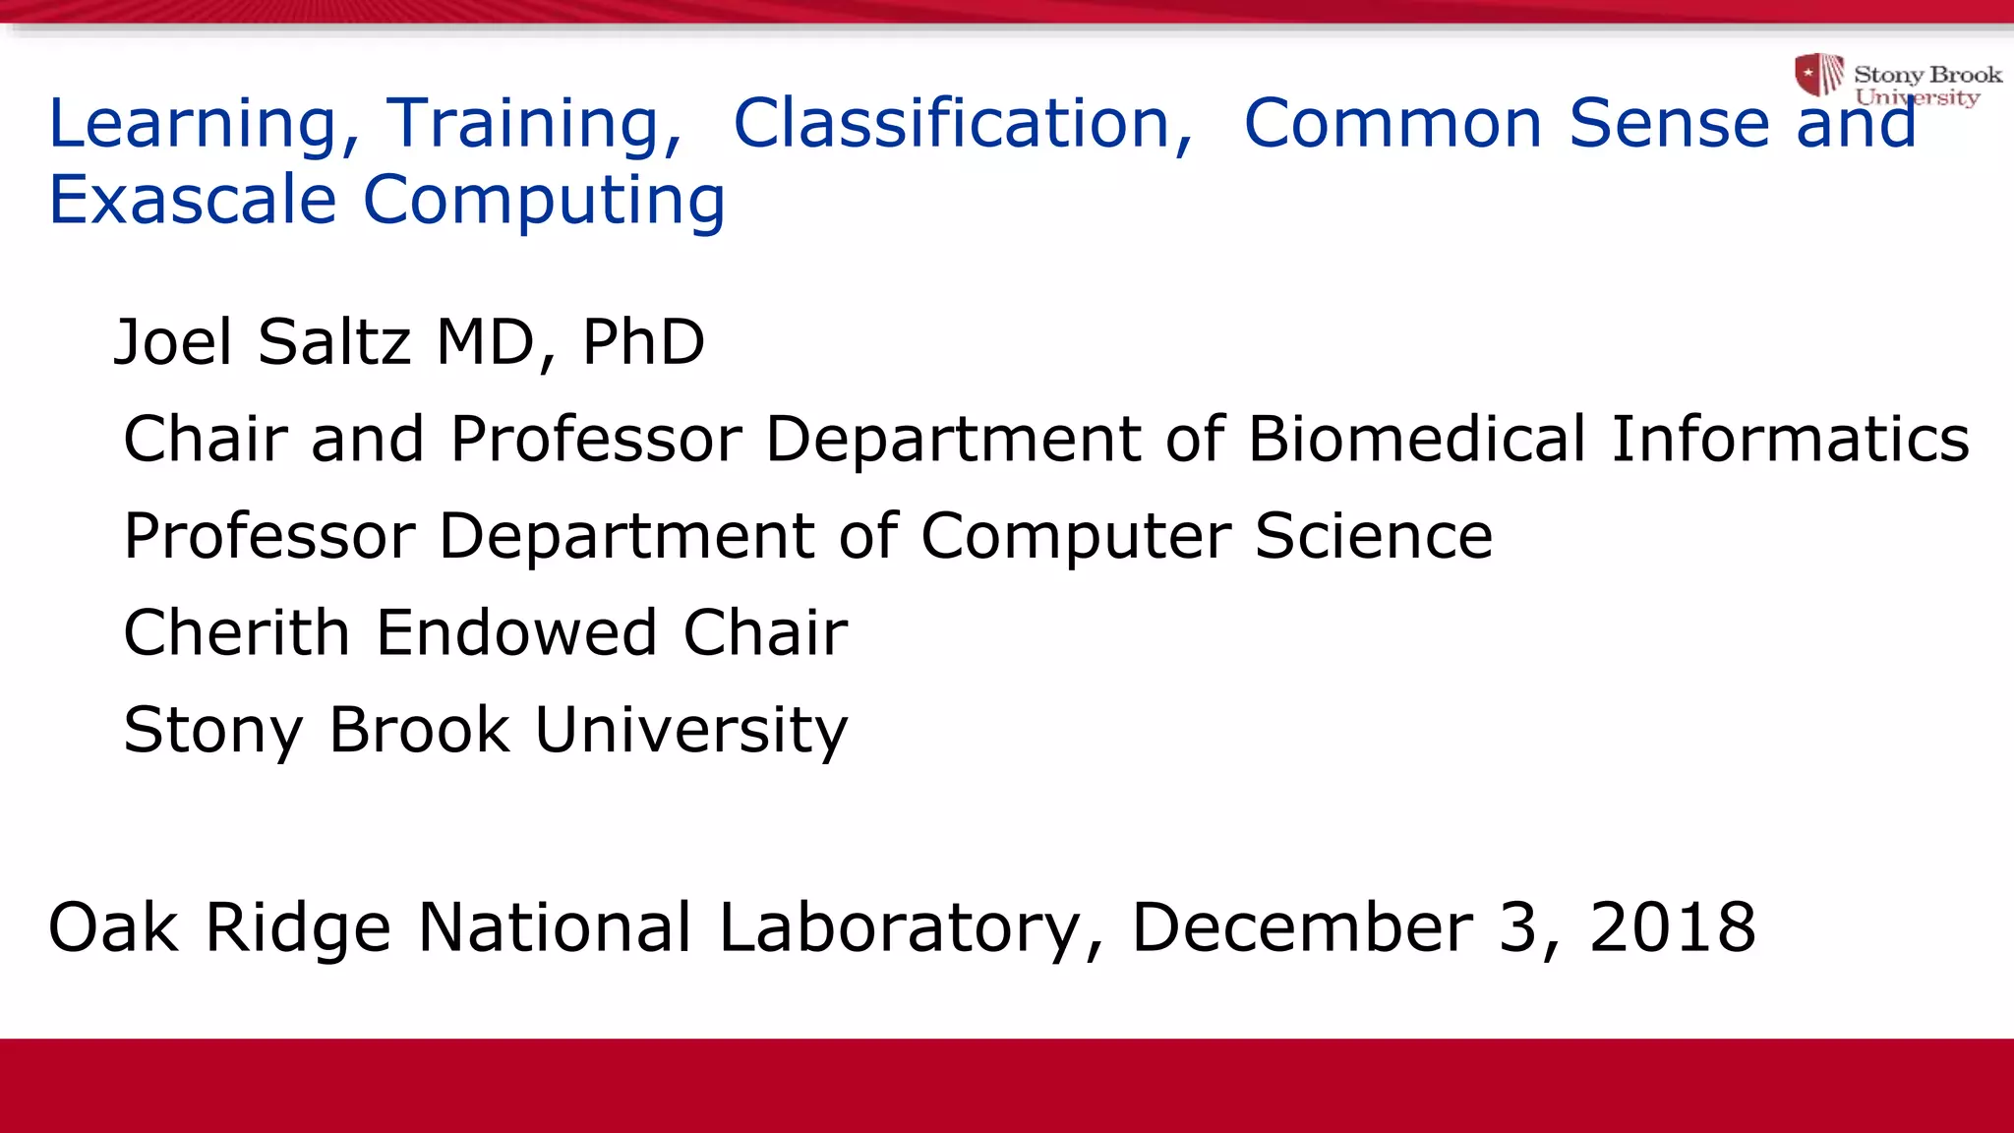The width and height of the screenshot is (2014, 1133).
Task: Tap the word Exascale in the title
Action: click(x=193, y=200)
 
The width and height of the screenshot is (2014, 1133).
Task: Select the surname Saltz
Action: click(x=333, y=342)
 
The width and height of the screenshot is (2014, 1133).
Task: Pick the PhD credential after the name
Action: click(x=643, y=342)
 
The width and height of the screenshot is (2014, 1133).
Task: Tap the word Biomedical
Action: click(x=1417, y=439)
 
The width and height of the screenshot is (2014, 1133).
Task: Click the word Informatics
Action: click(x=1790, y=439)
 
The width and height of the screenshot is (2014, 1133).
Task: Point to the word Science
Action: click(x=1373, y=536)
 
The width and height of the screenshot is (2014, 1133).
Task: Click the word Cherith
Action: click(x=236, y=632)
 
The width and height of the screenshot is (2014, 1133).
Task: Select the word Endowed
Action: click(x=515, y=632)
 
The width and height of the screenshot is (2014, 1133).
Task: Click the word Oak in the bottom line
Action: click(x=113, y=927)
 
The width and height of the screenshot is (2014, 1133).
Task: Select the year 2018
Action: click(x=1672, y=927)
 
